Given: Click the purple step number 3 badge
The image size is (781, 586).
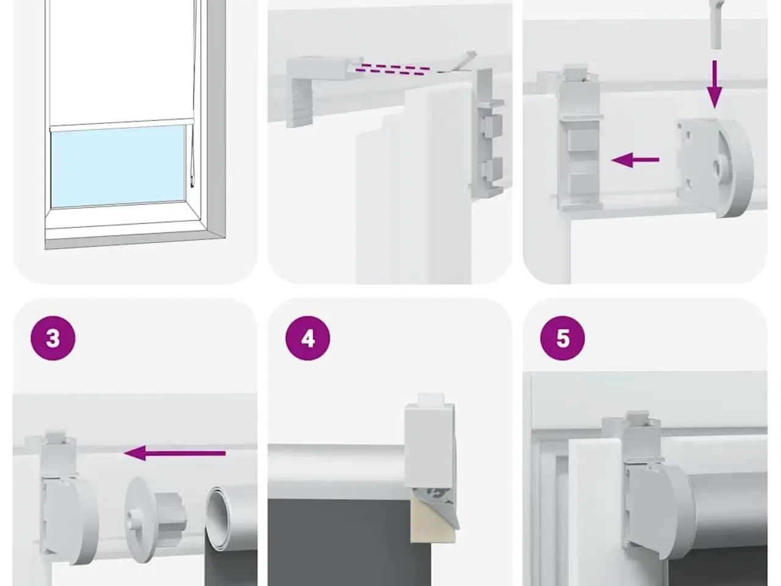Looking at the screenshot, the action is tap(53, 338).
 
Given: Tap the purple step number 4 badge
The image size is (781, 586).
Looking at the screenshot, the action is tap(308, 338).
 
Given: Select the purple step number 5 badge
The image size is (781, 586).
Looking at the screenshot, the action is tap(563, 338).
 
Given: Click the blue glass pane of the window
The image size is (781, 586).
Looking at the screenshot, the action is tap(118, 167).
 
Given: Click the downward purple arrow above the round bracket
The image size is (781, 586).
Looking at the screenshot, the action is tap(714, 84).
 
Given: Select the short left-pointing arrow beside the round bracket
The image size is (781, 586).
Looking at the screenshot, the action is tap(635, 160).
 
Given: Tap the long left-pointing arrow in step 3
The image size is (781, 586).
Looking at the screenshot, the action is tap(175, 453).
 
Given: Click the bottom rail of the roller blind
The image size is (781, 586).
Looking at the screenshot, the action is tap(121, 125).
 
